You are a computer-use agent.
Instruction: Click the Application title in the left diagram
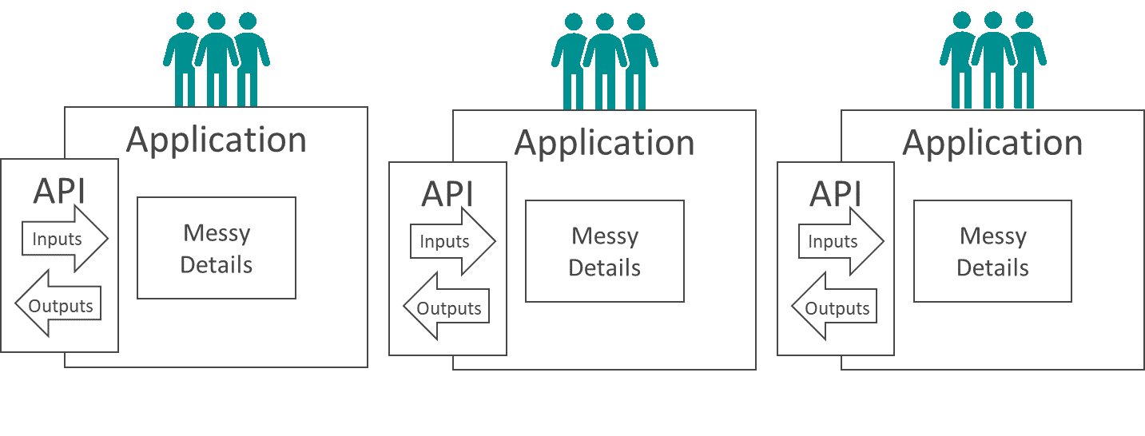pos(216,140)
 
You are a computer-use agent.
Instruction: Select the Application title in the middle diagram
pos(604,143)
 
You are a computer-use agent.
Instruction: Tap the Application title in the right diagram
pos(992,143)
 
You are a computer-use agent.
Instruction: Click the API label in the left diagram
pos(59,192)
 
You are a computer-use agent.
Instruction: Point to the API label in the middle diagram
pos(447,195)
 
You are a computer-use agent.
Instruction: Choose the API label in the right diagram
pos(836,195)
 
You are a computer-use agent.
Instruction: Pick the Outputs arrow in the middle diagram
pos(447,308)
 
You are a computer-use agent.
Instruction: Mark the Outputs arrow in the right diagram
pos(835,308)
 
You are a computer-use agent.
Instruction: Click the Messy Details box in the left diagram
pos(217,248)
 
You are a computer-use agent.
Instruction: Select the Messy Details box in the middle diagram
pos(605,251)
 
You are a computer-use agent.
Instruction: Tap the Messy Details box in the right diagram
pos(992,251)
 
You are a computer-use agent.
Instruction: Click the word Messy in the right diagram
pos(992,236)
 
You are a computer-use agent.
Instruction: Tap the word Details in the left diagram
pos(217,264)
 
